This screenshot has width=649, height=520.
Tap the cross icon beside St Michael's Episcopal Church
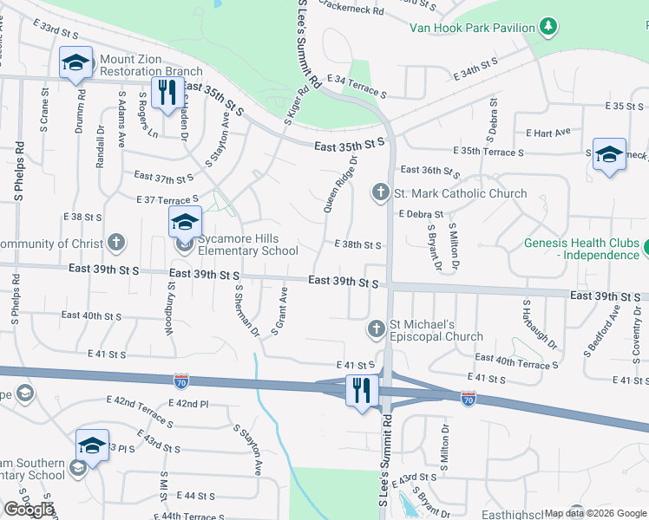pos(376,328)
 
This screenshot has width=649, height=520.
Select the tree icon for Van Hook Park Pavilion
pos(547,27)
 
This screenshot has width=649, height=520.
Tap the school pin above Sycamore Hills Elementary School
pos(184,223)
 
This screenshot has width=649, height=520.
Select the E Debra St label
pos(421,214)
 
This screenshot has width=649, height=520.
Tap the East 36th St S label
pos(429,171)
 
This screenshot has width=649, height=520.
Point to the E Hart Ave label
pos(548,133)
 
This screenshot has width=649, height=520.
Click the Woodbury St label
pos(169,310)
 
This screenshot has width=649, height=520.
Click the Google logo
pos(29,510)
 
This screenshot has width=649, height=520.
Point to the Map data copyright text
pos(594,513)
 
